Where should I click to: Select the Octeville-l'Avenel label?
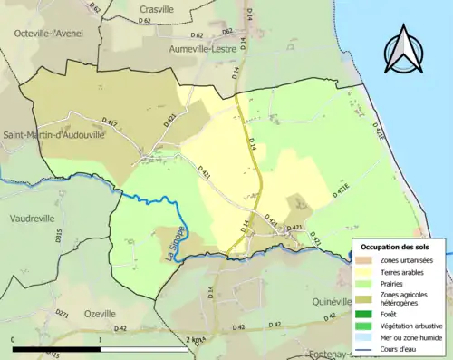click(48, 33)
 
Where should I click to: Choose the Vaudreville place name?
click(34, 219)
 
